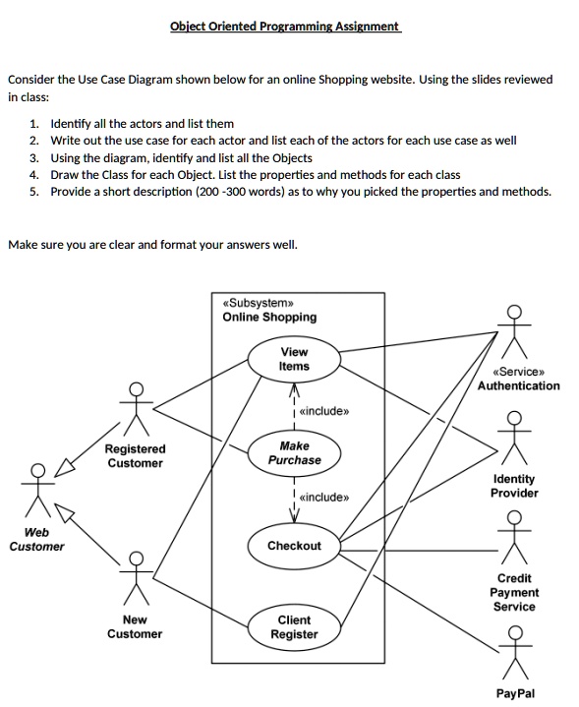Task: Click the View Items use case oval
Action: coord(294,359)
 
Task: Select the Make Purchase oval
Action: coord(294,452)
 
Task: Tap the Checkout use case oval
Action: coord(294,546)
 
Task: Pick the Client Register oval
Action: coord(294,627)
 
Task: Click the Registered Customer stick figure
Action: coord(136,408)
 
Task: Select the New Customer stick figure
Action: coord(136,580)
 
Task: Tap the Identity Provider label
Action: coord(515,486)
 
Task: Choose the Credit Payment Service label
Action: coord(515,592)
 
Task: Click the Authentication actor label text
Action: coord(518,385)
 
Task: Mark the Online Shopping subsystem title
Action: coord(269,317)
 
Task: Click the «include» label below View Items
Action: coord(322,411)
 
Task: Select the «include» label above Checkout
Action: coord(322,498)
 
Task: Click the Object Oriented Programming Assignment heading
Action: coord(286,27)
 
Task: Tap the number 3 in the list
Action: coord(33,157)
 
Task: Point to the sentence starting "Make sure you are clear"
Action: coord(152,244)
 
